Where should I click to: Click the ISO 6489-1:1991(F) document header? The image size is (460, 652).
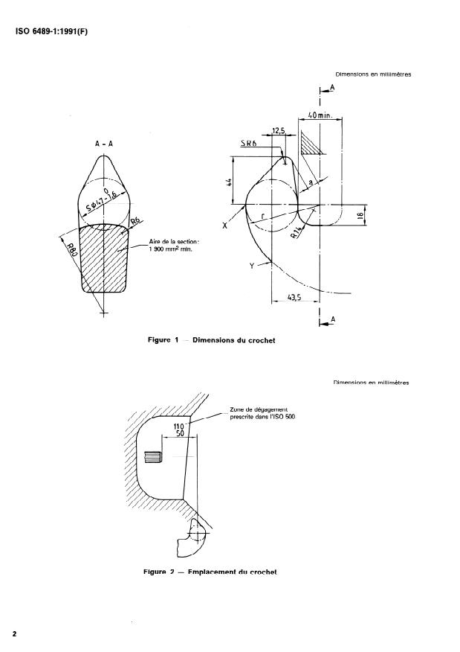coord(51,31)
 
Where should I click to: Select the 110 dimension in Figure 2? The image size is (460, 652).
coord(178,426)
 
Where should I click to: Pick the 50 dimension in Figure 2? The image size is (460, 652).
coord(178,434)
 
